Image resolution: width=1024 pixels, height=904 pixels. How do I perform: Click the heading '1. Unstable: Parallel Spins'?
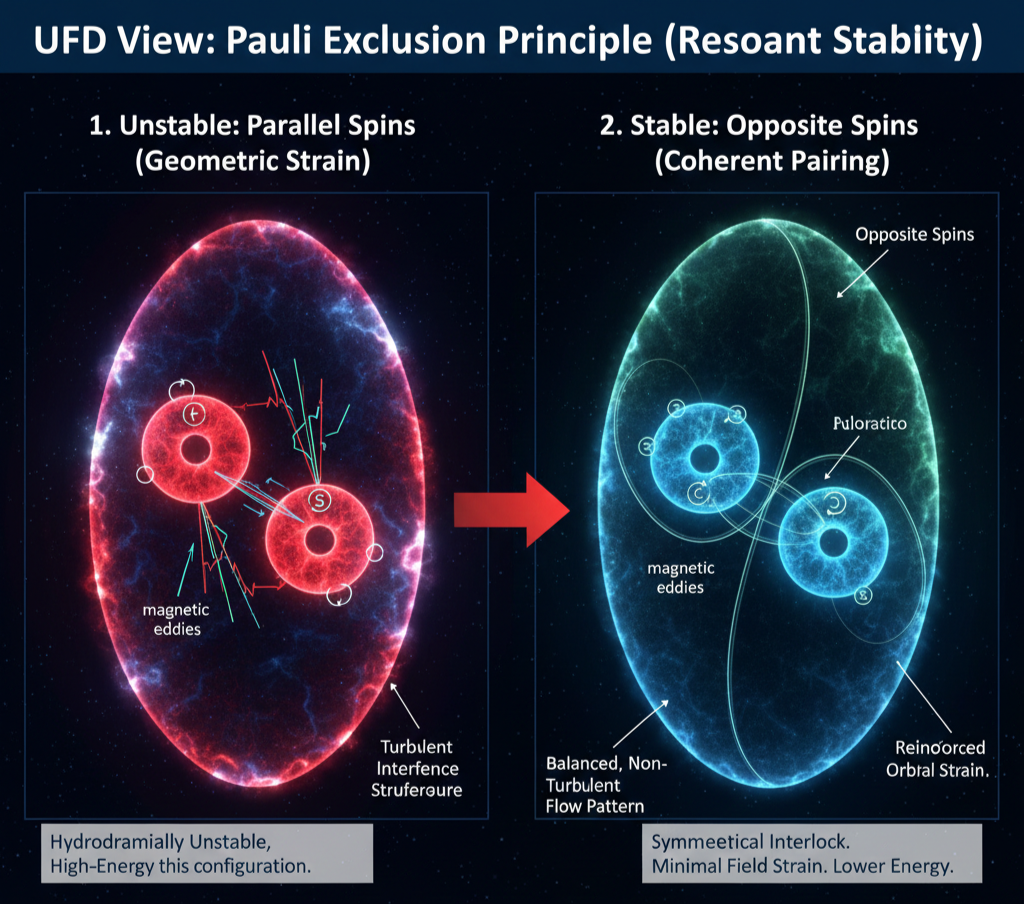[252, 127]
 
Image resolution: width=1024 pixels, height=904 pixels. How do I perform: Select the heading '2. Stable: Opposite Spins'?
[771, 127]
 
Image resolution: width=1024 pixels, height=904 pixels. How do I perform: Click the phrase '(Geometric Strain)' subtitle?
[252, 161]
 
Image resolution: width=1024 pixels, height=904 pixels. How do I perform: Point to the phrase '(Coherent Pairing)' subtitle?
[771, 161]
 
